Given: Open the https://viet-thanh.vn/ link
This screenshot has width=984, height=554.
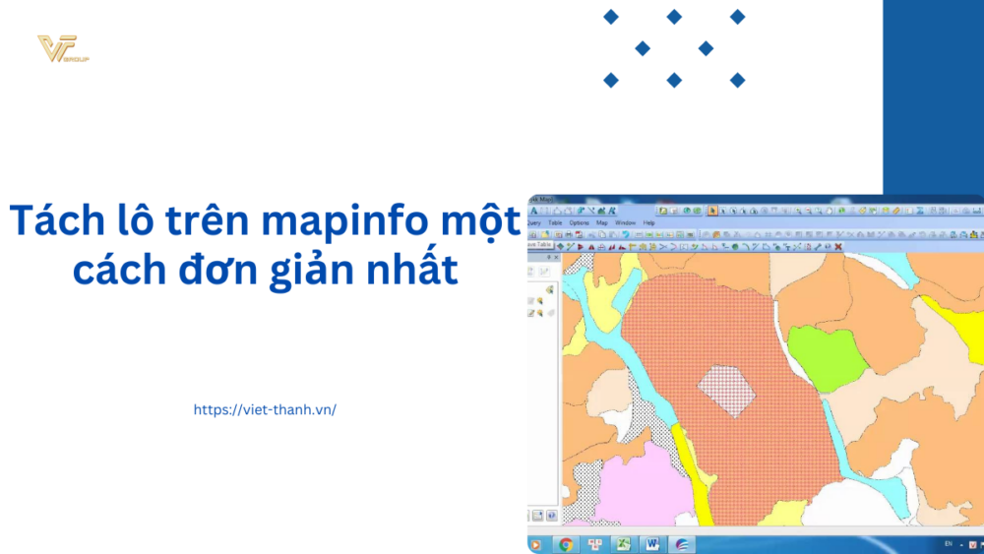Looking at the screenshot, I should click(266, 409).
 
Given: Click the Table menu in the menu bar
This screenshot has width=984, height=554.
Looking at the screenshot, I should click(555, 223).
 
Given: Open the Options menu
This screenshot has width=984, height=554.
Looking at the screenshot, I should click(580, 223).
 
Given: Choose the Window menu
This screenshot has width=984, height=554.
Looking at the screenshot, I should click(625, 223).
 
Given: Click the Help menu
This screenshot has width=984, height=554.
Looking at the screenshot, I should click(648, 223).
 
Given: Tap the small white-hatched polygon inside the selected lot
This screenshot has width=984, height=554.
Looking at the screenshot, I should click(726, 388).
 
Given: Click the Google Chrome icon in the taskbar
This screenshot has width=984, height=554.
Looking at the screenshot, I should click(566, 544).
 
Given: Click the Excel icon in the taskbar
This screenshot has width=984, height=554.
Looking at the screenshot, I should click(622, 544).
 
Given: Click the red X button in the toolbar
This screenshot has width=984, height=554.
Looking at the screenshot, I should click(837, 246).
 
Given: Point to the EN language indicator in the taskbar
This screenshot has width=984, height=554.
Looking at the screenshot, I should click(948, 544).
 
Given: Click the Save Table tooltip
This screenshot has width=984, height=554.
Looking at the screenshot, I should click(540, 245).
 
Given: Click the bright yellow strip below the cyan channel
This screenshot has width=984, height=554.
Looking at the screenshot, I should click(700, 481).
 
